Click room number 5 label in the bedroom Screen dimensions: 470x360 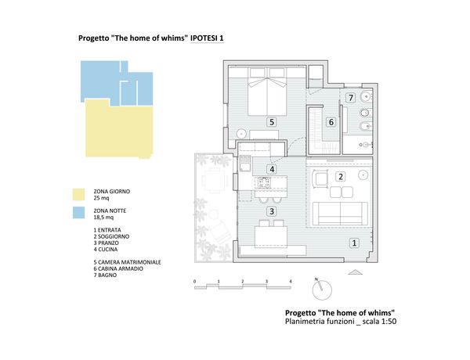pyautogui.click(x=272, y=122)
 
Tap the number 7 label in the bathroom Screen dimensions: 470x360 pyautogui.click(x=350, y=98)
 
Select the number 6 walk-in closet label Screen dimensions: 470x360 pyautogui.click(x=331, y=122)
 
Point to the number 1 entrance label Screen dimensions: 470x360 pyautogui.click(x=354, y=243)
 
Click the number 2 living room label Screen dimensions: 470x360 pyautogui.click(x=341, y=177)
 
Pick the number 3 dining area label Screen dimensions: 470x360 pyautogui.click(x=272, y=211)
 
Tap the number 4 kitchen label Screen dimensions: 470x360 pyautogui.click(x=272, y=169)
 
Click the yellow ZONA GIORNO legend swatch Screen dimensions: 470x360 pyautogui.click(x=78, y=194)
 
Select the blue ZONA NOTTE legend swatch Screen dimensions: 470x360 pyautogui.click(x=78, y=213)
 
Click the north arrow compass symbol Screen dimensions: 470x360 pyautogui.click(x=322, y=290)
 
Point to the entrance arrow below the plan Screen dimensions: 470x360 pyautogui.click(x=355, y=272)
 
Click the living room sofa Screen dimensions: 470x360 pyautogui.click(x=340, y=214)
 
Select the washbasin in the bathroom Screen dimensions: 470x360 pyautogui.click(x=366, y=96)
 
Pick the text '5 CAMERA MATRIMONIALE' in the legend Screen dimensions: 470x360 pyautogui.click(x=127, y=262)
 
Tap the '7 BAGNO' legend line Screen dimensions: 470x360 pyautogui.click(x=105, y=275)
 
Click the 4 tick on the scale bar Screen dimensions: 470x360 pyautogui.click(x=291, y=282)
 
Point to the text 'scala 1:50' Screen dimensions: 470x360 pyautogui.click(x=379, y=322)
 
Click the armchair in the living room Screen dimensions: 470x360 pyautogui.click(x=320, y=179)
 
